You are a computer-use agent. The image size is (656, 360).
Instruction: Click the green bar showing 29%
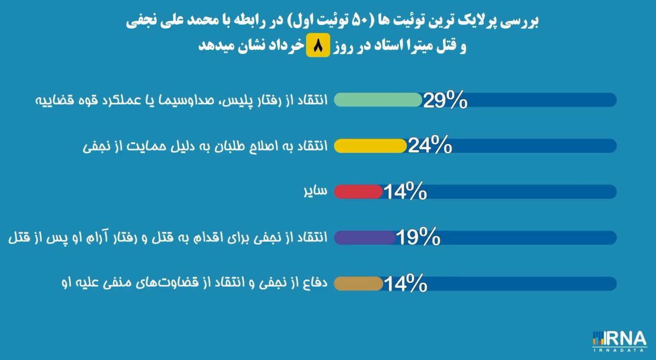click(x=378, y=99)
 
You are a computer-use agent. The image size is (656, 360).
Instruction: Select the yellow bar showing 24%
click(x=370, y=146)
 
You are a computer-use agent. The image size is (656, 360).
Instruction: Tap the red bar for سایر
click(x=358, y=192)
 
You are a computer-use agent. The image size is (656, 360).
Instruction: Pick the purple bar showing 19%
click(x=365, y=237)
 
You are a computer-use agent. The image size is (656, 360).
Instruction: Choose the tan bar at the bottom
click(x=358, y=284)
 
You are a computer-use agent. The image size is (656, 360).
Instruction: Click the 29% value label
click(x=445, y=100)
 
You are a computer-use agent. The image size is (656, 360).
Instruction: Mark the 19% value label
click(x=418, y=237)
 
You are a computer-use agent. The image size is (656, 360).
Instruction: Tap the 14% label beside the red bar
click(x=405, y=191)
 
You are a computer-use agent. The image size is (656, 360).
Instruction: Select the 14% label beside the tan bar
click(x=405, y=283)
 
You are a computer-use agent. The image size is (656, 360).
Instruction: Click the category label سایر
click(x=315, y=191)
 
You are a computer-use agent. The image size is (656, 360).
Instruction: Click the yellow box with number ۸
click(x=318, y=45)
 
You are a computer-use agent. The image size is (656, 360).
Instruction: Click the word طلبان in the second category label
click(x=230, y=146)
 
